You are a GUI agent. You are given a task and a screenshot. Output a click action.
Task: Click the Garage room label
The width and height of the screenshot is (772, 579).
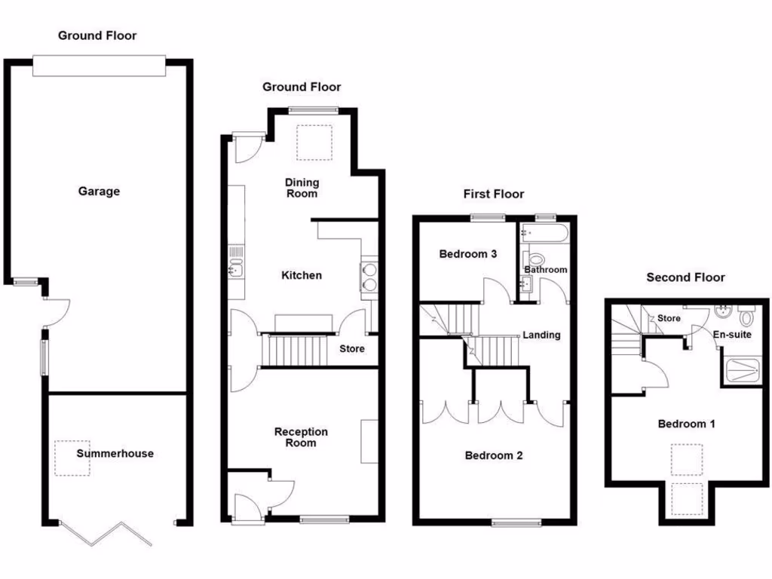(x=99, y=191)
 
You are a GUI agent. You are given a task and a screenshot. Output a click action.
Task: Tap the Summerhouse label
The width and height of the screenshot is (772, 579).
(x=115, y=453)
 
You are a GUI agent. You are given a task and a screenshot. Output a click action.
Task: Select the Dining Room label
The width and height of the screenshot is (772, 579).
(x=302, y=188)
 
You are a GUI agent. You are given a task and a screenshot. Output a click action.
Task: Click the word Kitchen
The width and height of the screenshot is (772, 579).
(x=302, y=275)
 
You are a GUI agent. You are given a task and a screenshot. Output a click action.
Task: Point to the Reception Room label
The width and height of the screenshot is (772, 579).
(x=301, y=437)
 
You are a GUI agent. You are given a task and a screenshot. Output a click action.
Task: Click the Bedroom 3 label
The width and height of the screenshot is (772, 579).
(x=467, y=254)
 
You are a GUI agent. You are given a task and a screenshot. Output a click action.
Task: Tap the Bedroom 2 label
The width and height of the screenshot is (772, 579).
(x=494, y=455)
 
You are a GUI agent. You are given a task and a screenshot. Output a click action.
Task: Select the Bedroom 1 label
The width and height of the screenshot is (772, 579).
(x=686, y=424)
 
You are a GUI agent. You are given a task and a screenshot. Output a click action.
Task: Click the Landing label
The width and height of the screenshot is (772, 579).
(x=541, y=335)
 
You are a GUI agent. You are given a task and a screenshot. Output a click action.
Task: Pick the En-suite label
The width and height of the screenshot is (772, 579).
(x=731, y=334)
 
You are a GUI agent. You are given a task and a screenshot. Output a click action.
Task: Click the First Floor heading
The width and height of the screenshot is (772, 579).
(x=494, y=194)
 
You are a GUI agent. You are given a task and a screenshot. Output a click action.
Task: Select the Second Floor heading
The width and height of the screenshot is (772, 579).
(x=685, y=277)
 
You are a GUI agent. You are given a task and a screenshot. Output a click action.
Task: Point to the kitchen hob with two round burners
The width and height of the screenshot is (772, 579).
(x=369, y=275)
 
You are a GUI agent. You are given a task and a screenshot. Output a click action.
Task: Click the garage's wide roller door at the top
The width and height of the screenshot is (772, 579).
(x=99, y=66)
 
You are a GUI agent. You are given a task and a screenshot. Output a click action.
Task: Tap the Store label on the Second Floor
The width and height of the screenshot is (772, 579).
(x=669, y=318)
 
